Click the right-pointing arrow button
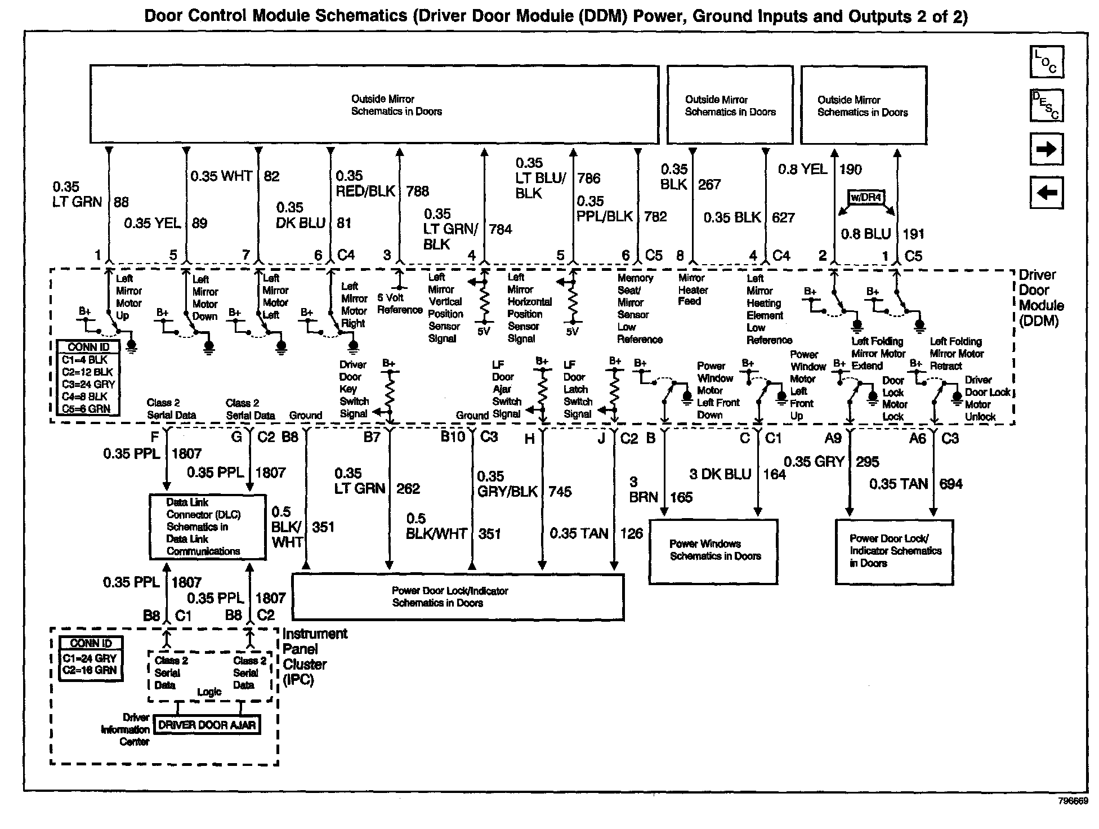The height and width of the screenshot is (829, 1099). coord(1046,149)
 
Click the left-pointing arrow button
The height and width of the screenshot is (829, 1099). coord(1046,193)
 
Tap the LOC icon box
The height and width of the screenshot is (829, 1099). coord(1046,62)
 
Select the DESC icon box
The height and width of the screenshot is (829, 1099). coord(1046,105)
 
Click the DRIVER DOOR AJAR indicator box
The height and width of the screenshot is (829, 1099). coord(207,725)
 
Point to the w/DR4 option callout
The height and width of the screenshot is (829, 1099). coord(866,198)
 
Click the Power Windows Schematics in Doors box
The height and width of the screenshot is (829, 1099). coord(714,551)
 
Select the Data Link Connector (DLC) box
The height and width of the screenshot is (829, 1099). coord(207,527)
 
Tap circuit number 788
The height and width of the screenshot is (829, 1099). coord(417,191)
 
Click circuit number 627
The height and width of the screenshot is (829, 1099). coord(783,217)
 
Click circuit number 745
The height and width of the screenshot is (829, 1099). coord(560,492)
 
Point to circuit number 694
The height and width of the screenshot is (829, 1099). coord(951,484)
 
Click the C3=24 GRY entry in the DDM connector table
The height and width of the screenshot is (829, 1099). coord(88,384)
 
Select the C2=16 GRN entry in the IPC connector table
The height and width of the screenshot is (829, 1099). coord(90,670)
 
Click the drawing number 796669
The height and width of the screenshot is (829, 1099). coord(1073,801)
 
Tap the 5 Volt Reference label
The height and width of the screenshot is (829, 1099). coord(399,304)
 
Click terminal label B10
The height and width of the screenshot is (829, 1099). coord(453,437)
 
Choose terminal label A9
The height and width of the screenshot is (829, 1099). coord(833,438)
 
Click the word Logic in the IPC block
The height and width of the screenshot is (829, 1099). coord(209,692)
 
